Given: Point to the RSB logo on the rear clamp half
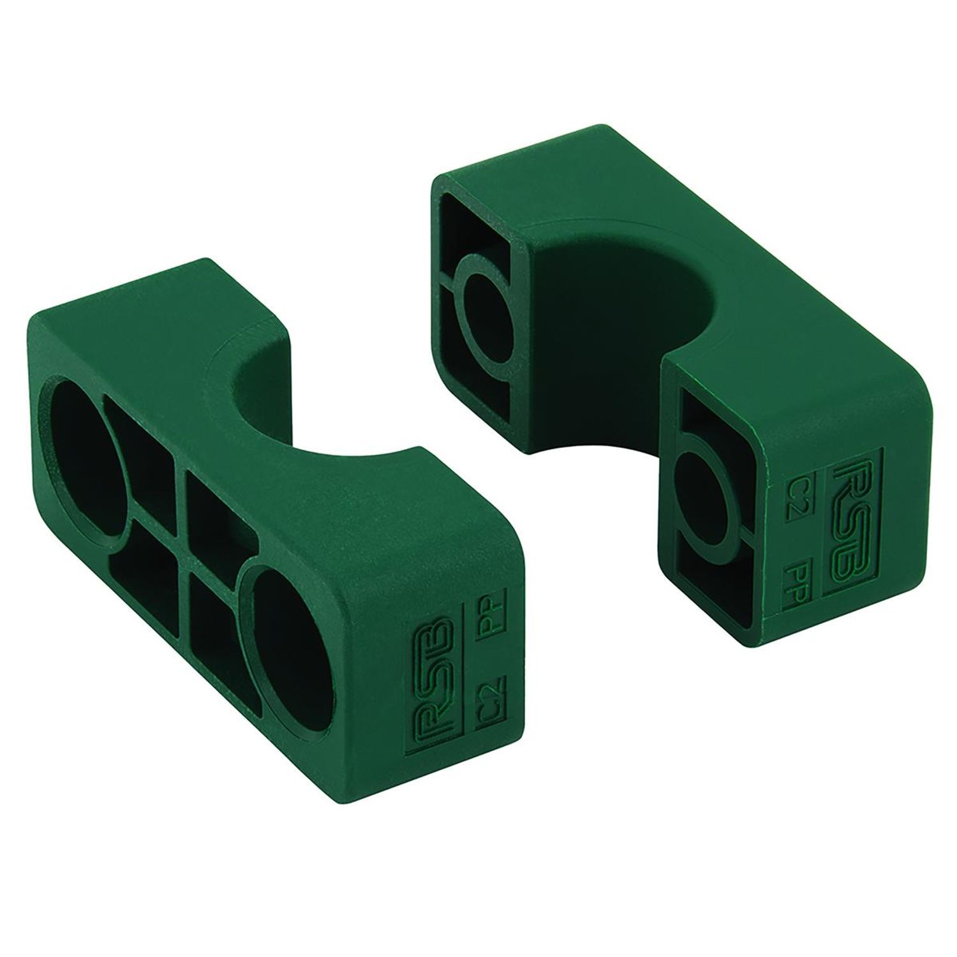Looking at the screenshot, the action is point(850,494).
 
